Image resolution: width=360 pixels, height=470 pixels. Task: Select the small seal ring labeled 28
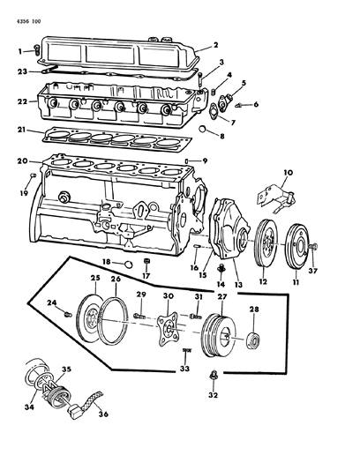[254, 340]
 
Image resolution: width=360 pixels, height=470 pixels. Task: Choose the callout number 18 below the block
[105, 262]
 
